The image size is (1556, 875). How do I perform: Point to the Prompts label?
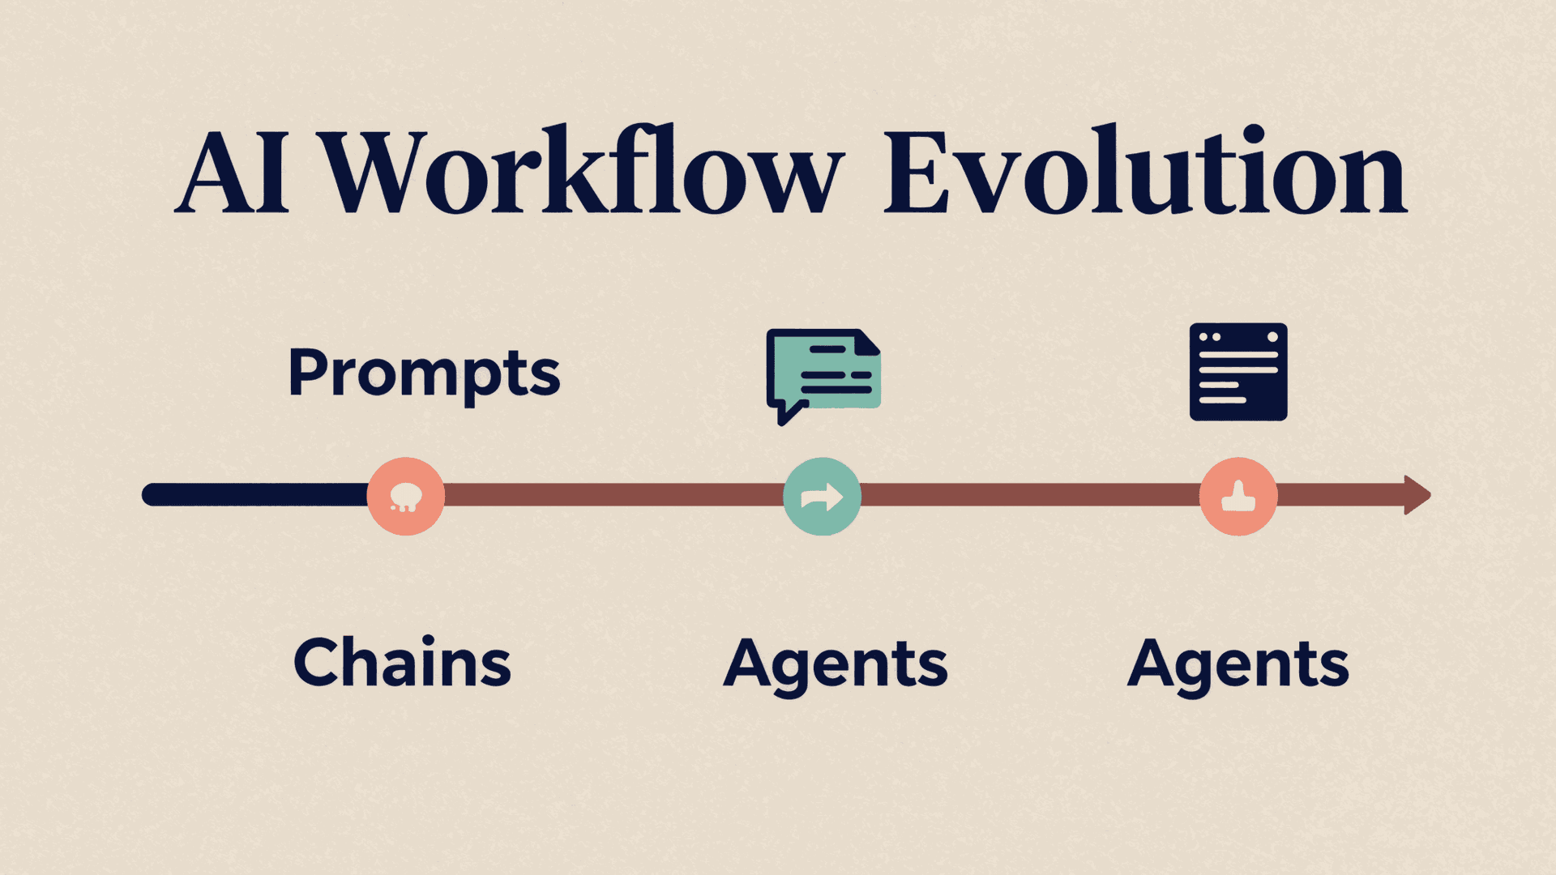click(424, 373)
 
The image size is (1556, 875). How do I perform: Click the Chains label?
click(402, 662)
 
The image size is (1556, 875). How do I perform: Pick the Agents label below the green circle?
click(835, 664)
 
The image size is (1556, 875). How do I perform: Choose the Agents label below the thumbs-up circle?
click(1238, 664)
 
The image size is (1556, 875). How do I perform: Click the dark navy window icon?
click(1238, 372)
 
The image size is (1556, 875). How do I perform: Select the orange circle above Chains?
click(405, 496)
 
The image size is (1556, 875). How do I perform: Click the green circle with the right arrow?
click(822, 496)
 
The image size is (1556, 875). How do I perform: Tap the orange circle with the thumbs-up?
click(1238, 496)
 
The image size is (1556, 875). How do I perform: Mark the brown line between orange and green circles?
click(613, 495)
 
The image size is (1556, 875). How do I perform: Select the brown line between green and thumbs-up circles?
click(1029, 495)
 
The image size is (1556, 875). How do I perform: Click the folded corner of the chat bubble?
click(868, 342)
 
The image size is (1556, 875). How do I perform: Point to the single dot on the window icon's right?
click(1272, 337)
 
